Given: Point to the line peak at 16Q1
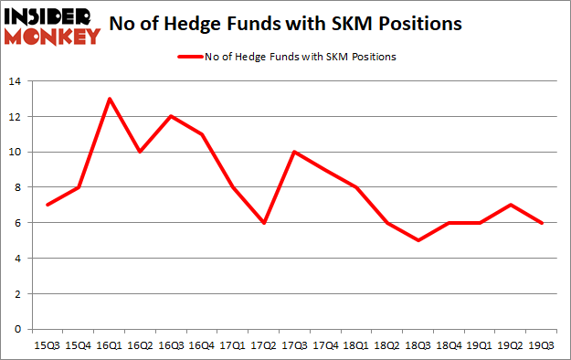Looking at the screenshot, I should (x=111, y=99).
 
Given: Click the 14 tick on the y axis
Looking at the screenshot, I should (x=16, y=81).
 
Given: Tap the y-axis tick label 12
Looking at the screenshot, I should (x=16, y=116).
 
